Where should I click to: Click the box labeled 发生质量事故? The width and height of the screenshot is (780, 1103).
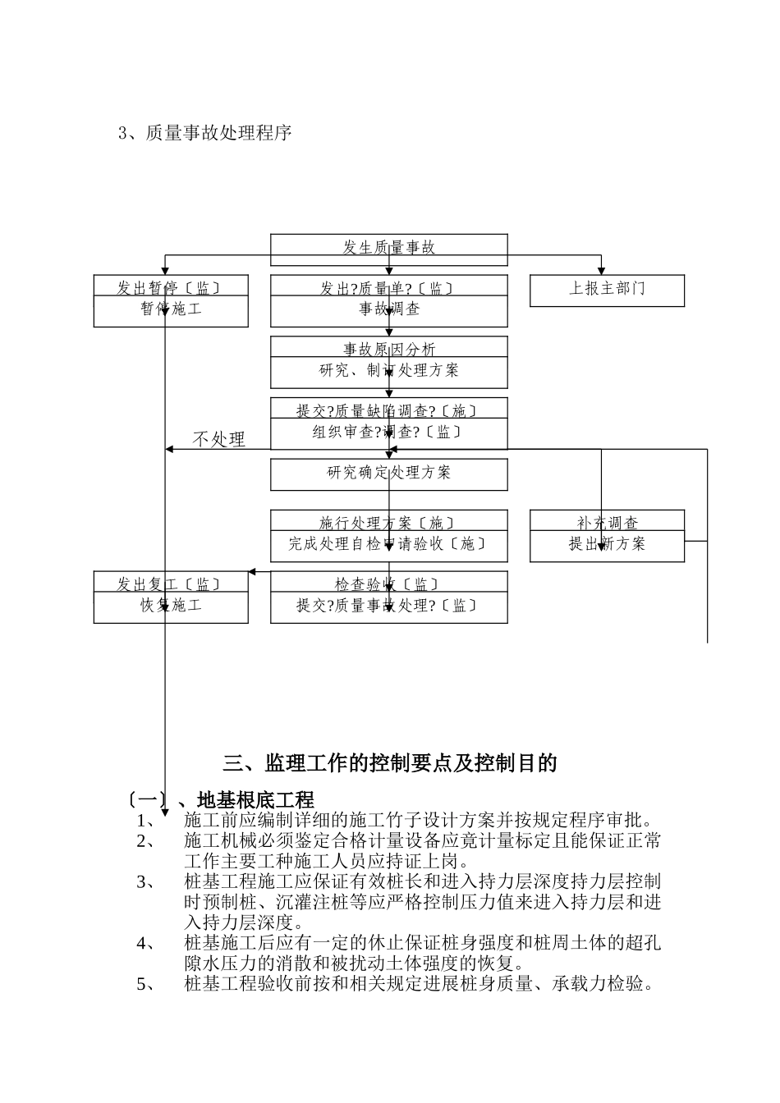[x=388, y=248]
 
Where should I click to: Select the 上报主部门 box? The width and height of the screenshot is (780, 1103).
[x=607, y=291]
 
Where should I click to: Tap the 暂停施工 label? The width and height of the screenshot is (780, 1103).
[x=171, y=310]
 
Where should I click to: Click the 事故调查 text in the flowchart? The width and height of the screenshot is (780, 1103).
[x=388, y=310]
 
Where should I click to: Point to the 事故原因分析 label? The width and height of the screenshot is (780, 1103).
[x=388, y=350]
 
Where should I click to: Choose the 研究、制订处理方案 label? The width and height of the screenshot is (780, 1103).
[x=388, y=371]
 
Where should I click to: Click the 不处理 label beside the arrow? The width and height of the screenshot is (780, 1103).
[x=218, y=440]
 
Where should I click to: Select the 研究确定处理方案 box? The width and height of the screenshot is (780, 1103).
[x=388, y=474]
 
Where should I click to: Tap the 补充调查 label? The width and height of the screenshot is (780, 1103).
[x=607, y=523]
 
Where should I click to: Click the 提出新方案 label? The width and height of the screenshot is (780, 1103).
[x=607, y=544]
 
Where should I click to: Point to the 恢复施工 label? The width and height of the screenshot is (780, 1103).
[x=171, y=606]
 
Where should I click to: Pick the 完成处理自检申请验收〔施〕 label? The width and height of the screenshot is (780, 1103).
[x=388, y=544]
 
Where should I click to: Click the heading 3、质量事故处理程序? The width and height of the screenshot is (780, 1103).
[x=205, y=133]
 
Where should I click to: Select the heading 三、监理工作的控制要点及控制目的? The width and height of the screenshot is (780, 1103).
[x=389, y=763]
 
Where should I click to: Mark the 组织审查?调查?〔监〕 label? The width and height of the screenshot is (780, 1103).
[x=388, y=433]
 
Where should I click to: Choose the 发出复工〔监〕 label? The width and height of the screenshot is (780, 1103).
[x=171, y=585]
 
